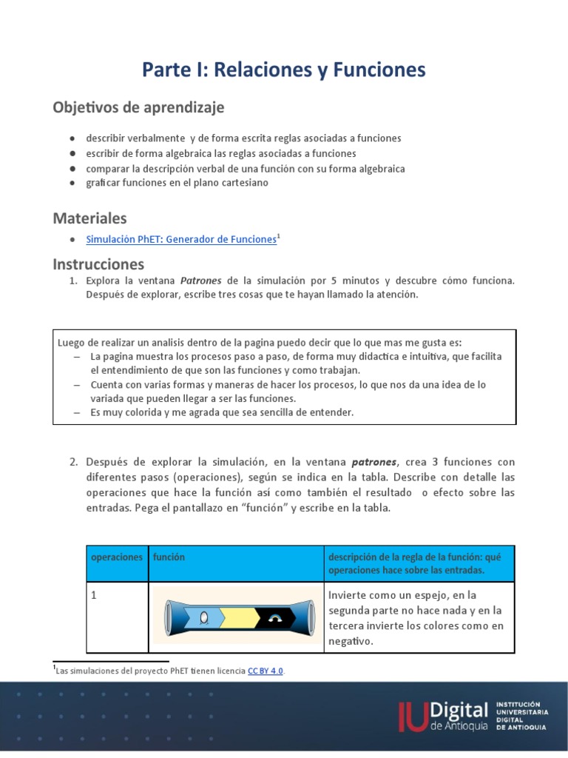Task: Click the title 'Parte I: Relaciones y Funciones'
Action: [x=284, y=70]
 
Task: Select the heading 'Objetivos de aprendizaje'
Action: [x=138, y=107]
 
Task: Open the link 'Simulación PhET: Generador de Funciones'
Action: [x=180, y=239]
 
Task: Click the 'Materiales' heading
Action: [x=89, y=218]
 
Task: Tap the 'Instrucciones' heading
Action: [x=98, y=264]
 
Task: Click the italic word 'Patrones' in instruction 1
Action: [x=202, y=281]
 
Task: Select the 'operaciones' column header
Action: [x=116, y=557]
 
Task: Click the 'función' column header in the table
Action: [x=169, y=557]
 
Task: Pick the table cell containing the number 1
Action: [x=116, y=617]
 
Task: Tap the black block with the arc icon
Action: [x=277, y=617]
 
